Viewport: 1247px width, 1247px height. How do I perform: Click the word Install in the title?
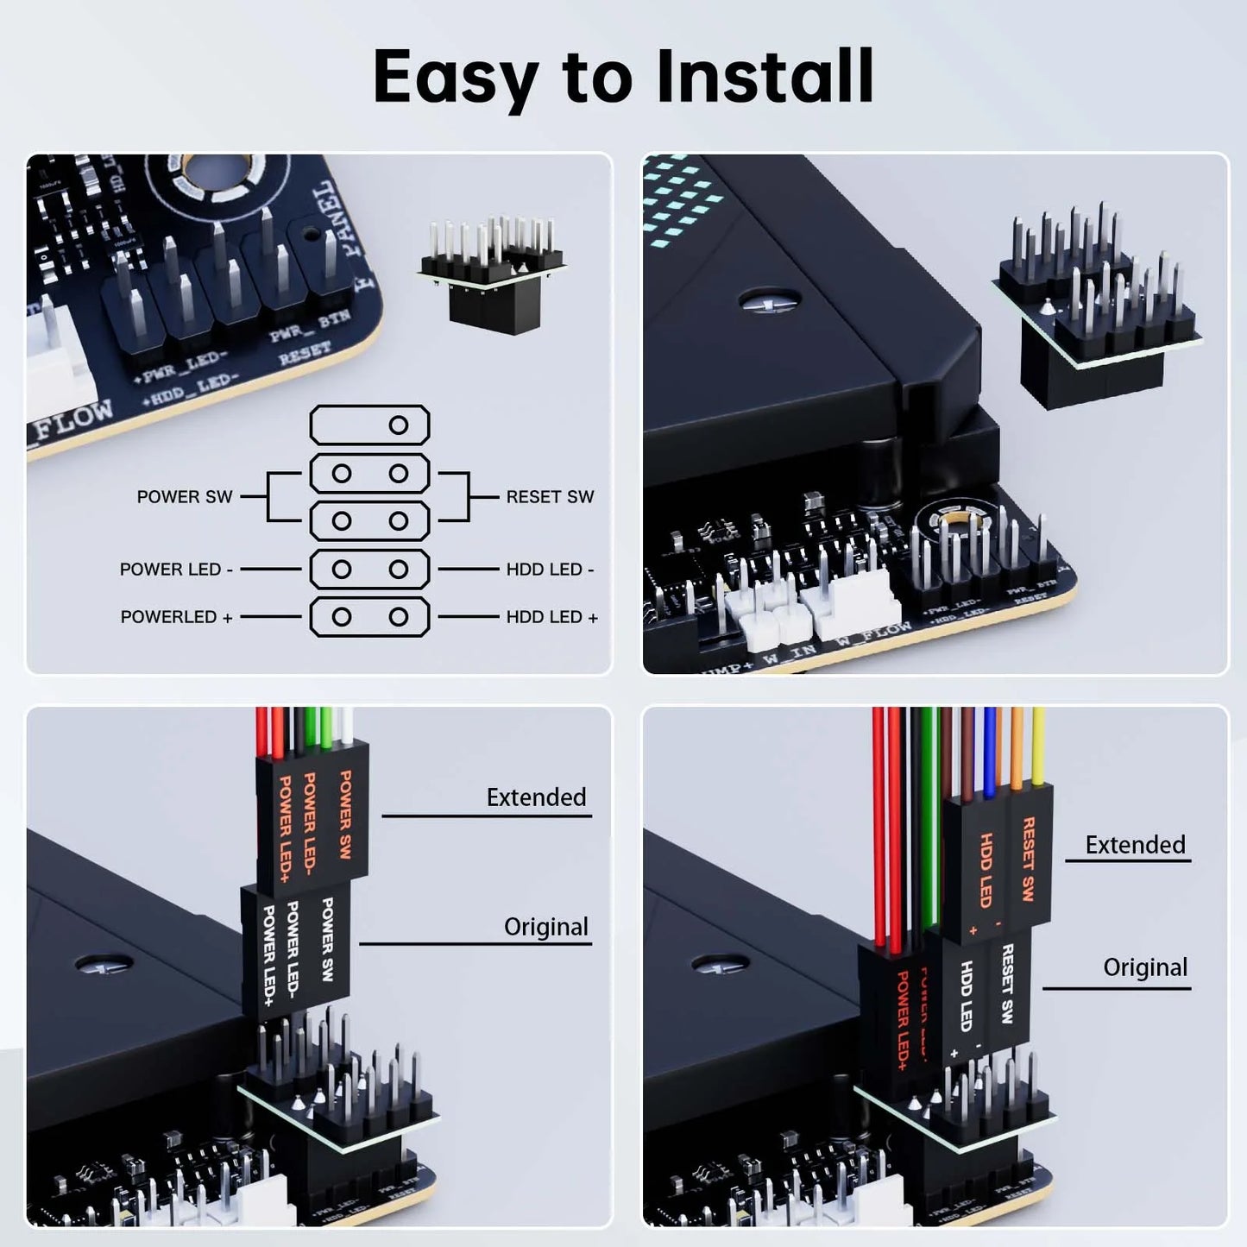765,76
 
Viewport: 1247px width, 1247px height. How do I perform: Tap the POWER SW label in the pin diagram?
185,497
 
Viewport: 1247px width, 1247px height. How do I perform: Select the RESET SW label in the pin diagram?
550,497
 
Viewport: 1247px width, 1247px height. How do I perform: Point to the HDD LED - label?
550,570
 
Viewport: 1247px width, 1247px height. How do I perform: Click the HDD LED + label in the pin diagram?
551,617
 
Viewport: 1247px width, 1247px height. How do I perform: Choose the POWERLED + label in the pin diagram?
176,617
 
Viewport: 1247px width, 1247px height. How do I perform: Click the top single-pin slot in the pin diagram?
370,425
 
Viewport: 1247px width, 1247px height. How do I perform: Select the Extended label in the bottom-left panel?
536,797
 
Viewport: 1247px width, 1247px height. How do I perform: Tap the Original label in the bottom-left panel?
545,927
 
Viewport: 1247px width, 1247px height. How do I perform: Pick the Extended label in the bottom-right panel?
1135,845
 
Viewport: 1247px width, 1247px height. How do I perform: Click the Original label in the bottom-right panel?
1144,967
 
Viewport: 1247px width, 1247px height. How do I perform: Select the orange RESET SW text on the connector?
1028,859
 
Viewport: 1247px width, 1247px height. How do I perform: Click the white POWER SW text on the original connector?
327,939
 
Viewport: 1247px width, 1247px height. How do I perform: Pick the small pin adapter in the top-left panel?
490,276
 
